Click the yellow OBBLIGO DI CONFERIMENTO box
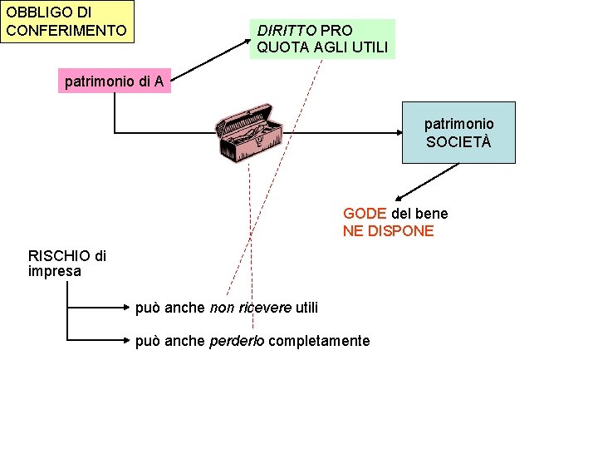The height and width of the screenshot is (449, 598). (66, 22)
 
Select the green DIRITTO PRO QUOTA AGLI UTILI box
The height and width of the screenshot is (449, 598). (322, 39)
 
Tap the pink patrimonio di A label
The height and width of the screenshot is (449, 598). (117, 81)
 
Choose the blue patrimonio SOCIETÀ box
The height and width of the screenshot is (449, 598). (458, 132)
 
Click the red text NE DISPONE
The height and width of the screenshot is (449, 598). (388, 231)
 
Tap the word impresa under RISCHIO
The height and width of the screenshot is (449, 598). (55, 271)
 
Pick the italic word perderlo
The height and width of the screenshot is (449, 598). (238, 341)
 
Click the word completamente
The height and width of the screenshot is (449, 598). (320, 341)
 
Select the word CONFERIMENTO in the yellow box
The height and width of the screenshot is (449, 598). (66, 31)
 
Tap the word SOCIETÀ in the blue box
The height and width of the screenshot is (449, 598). (458, 141)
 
